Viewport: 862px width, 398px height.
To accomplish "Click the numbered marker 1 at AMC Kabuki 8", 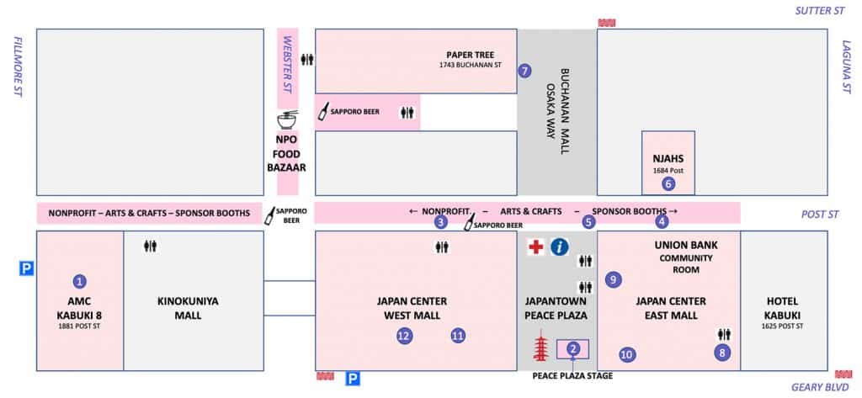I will (x=80, y=281).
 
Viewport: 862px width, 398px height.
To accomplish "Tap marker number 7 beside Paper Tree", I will (x=525, y=71).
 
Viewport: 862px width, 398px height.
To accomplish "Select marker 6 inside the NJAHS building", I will (x=668, y=183).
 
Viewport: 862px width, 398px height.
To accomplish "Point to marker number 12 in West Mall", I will (x=404, y=336).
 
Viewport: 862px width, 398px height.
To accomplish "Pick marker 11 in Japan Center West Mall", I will (x=457, y=335).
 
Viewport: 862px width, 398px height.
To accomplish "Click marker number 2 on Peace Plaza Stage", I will (x=573, y=348).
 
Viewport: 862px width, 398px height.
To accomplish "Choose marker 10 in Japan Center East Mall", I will (x=626, y=354).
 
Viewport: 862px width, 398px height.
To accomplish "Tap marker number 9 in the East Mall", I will (x=613, y=279).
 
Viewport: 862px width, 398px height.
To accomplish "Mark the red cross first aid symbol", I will (x=535, y=247).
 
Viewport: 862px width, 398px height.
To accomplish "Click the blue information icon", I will (x=560, y=247).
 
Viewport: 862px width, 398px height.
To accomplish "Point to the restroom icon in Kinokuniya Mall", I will (x=151, y=247).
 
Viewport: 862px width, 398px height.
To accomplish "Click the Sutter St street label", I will (x=819, y=11).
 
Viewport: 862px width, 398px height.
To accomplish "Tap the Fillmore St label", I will (x=16, y=67).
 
